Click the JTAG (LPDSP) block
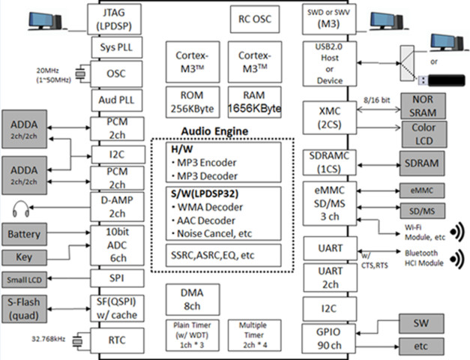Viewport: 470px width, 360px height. (x=112, y=18)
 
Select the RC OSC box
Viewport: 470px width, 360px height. (x=253, y=19)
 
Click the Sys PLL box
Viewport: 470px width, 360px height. (x=112, y=47)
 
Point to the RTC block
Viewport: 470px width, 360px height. (x=112, y=340)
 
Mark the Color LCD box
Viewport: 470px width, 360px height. (x=424, y=133)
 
